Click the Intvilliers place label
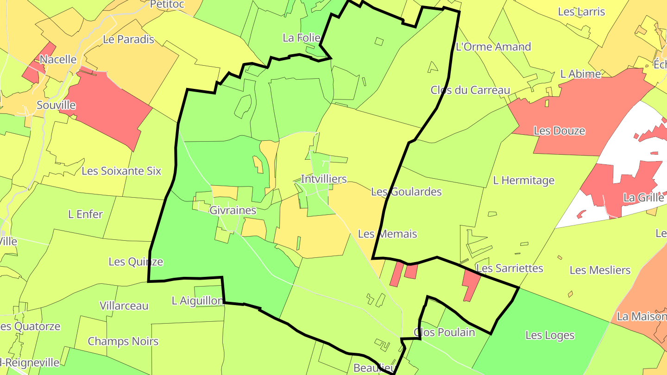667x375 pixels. [323, 179]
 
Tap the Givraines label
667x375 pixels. [233, 211]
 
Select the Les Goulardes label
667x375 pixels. [406, 192]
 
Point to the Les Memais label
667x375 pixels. [387, 234]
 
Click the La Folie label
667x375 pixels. [301, 38]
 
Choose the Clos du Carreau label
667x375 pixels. [470, 90]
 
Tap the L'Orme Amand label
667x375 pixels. [493, 47]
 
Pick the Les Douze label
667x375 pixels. [559, 131]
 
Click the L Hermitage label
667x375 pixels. [523, 181]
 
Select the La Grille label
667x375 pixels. [643, 198]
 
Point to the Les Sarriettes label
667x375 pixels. [510, 269]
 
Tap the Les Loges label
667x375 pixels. [550, 335]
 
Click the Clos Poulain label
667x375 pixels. [444, 332]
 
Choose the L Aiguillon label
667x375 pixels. [197, 301]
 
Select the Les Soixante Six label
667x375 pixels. [121, 171]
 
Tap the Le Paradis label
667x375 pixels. [128, 39]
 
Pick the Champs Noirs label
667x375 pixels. [123, 342]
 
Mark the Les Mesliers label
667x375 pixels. [600, 270]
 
